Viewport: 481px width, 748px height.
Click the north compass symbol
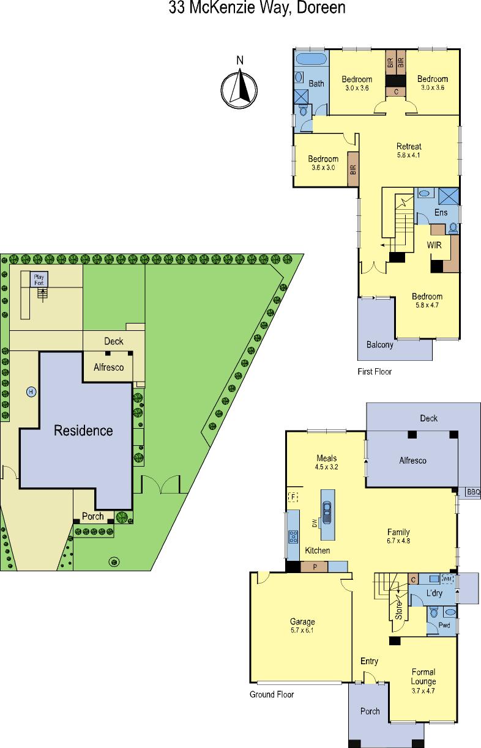pos(239,89)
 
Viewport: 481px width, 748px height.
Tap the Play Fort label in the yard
pos(39,280)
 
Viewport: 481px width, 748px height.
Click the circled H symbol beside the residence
pos(31,391)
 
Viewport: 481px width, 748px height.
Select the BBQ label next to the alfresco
pos(473,492)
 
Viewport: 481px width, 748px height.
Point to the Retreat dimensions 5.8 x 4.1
pos(409,155)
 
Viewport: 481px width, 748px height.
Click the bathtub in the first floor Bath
pos(311,59)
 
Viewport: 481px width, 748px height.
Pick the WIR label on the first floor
pos(434,245)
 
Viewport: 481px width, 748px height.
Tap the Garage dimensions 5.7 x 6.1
pos(302,630)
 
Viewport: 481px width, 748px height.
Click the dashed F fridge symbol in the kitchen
pos(293,497)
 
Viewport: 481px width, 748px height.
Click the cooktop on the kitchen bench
pos(293,536)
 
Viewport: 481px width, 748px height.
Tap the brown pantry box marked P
pos(315,567)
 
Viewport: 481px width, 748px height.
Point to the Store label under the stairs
pos(398,610)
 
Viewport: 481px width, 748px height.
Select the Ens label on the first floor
pos(441,212)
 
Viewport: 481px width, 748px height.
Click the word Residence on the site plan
pos(83,431)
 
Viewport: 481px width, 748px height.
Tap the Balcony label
pos(379,344)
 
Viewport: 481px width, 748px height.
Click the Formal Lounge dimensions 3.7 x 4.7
pos(423,691)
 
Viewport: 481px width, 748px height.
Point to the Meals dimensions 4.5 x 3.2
pos(326,467)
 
